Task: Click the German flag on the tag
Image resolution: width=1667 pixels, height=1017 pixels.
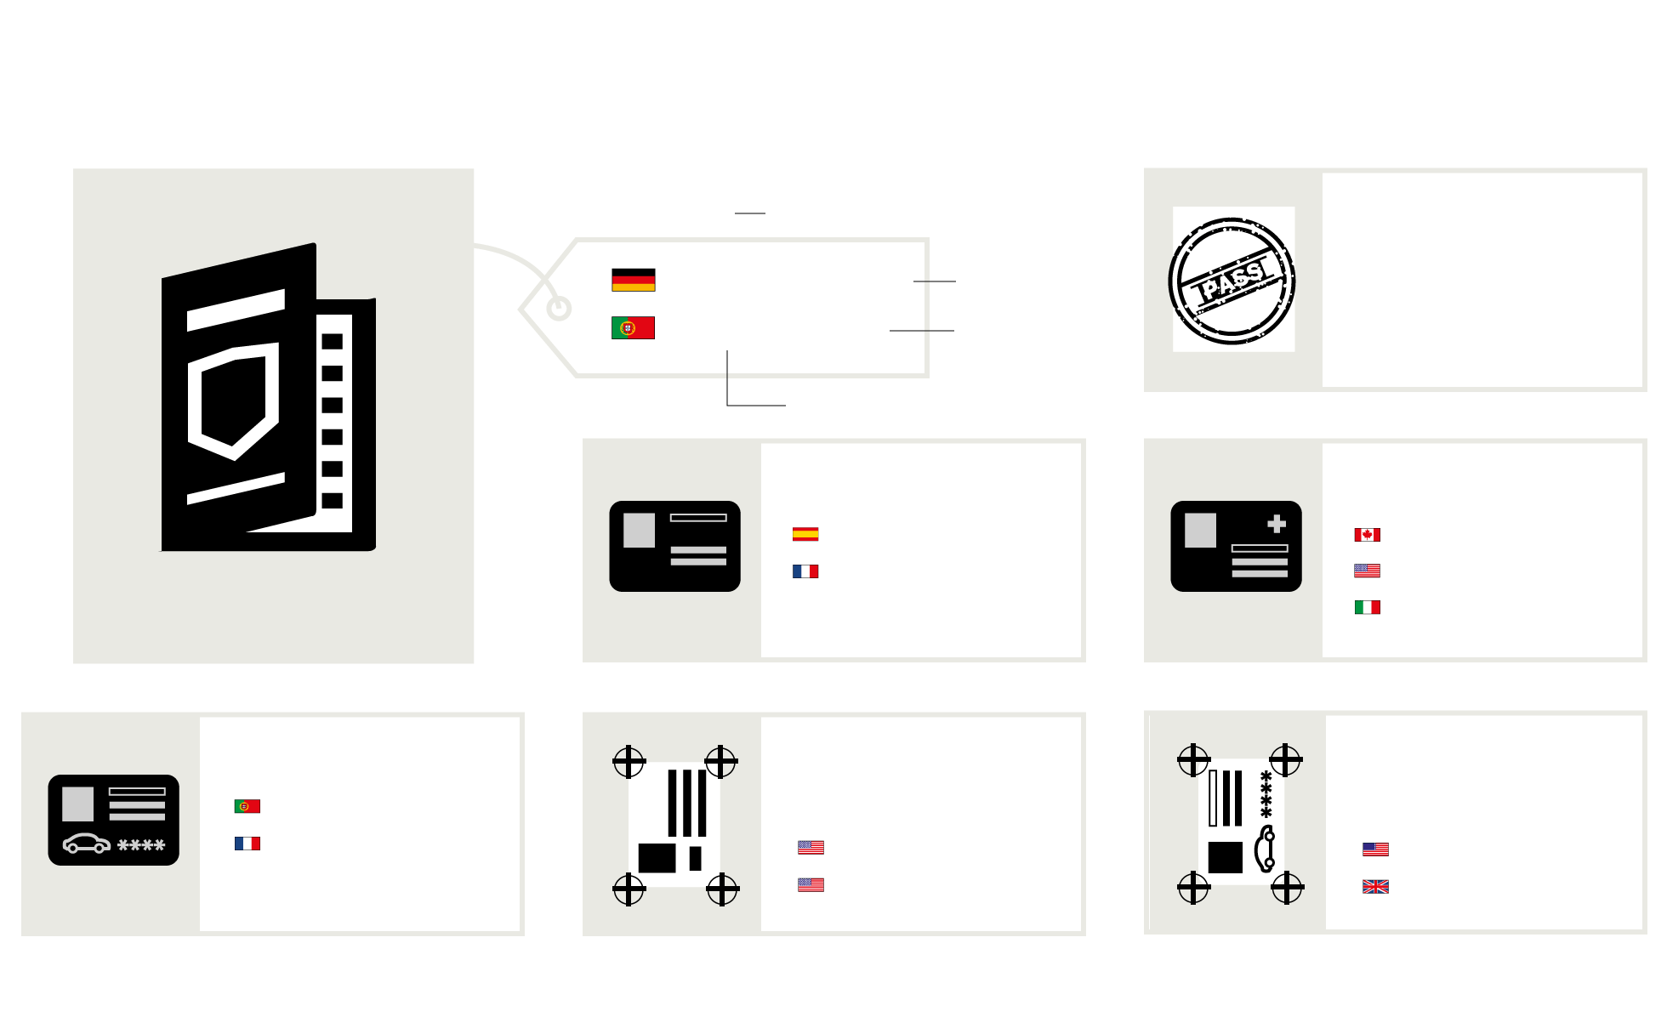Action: tap(634, 280)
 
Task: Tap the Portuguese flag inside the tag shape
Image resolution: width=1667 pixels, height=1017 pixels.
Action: tap(634, 328)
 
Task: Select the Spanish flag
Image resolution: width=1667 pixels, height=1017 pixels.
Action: tap(805, 534)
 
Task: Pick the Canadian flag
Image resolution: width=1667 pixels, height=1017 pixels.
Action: tap(1368, 535)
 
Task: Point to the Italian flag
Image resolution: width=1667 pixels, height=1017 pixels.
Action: tap(1368, 607)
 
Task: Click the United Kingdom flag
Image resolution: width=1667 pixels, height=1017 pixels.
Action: tap(1375, 887)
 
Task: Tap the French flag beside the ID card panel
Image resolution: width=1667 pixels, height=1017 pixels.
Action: tap(805, 571)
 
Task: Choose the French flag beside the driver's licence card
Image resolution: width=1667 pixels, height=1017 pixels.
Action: tap(247, 844)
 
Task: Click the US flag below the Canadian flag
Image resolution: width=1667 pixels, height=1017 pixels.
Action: tap(1368, 571)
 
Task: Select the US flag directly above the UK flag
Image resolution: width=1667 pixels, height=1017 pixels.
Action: tap(1375, 849)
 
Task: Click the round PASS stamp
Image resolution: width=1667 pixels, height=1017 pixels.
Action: tap(1232, 281)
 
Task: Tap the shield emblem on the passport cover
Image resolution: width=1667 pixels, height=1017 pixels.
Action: tap(233, 401)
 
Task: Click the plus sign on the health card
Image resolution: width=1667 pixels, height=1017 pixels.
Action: tap(1277, 524)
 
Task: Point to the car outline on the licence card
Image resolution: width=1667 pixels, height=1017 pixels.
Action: tap(87, 844)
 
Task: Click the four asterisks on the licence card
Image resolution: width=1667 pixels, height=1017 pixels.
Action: tap(141, 845)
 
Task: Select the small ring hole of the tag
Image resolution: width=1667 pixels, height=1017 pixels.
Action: tap(559, 309)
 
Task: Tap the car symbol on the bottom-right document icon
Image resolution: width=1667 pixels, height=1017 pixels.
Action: tap(1265, 849)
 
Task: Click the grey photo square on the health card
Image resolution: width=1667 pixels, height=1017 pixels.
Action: tap(1200, 531)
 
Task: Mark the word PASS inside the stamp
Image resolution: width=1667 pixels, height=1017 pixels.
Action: tap(1232, 281)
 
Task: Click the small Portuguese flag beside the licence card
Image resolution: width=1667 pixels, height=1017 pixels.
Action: tap(247, 806)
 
